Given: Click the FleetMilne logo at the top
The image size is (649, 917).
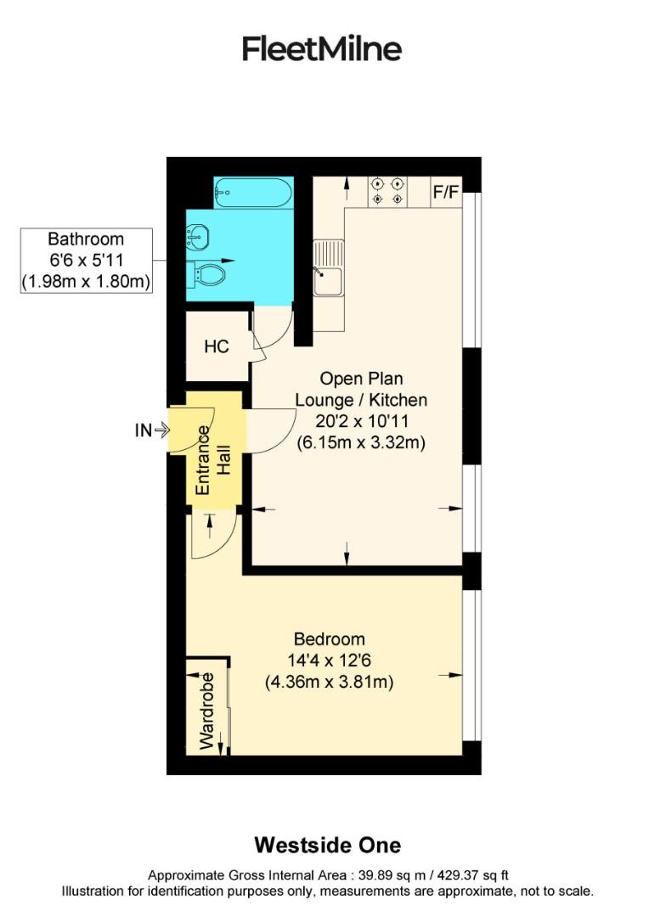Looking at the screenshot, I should pyautogui.click(x=322, y=48).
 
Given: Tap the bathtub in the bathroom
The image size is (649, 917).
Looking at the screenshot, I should pyautogui.click(x=253, y=194).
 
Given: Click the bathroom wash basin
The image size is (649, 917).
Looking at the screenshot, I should pyautogui.click(x=197, y=236).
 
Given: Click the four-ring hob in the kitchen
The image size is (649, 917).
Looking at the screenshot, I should pyautogui.click(x=387, y=191).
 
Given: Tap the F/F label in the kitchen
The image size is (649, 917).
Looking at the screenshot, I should pyautogui.click(x=445, y=192).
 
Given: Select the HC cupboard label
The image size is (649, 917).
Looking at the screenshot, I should pyautogui.click(x=217, y=346).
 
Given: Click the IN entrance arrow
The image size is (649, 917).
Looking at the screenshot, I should pyautogui.click(x=152, y=430).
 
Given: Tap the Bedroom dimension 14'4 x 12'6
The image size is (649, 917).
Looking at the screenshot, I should pyautogui.click(x=329, y=661).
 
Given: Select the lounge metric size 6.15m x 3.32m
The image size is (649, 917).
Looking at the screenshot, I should pyautogui.click(x=360, y=442).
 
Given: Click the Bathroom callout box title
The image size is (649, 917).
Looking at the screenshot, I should pyautogui.click(x=86, y=239).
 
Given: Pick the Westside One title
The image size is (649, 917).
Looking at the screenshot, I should pyautogui.click(x=327, y=846).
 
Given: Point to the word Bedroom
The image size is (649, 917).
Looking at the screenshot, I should pyautogui.click(x=329, y=639).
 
